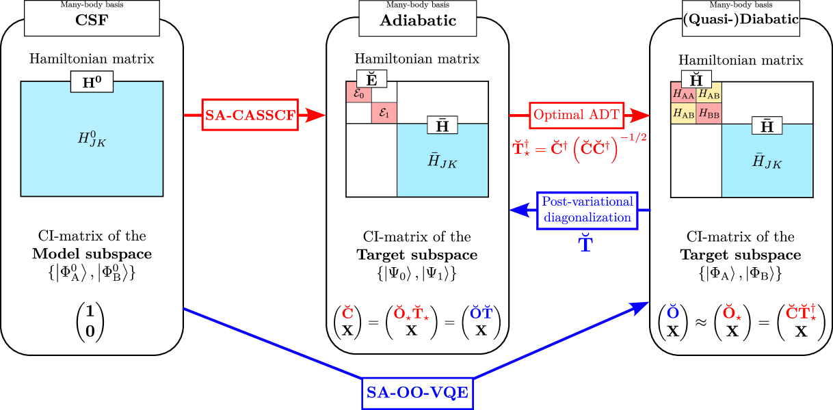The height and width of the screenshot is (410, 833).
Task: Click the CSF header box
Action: [92, 18]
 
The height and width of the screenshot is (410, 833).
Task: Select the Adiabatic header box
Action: [417, 18]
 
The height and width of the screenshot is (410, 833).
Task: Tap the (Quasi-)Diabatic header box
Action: [741, 18]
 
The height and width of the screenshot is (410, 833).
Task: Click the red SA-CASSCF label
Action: [250, 115]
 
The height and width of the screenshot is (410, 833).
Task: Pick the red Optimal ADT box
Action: [577, 115]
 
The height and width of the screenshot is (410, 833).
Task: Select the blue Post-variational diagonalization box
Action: [587, 210]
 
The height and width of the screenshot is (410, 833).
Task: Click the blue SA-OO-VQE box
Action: [417, 393]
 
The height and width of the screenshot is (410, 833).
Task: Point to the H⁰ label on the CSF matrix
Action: [92, 83]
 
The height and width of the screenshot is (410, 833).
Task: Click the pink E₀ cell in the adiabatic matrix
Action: [358, 93]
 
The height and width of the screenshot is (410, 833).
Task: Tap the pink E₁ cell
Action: [384, 113]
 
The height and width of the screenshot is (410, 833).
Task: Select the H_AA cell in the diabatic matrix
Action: [684, 94]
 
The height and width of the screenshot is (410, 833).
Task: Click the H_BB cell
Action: [709, 113]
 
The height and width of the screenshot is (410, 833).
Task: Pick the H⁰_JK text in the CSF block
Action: [92, 139]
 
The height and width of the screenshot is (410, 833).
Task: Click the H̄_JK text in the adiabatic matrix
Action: [442, 161]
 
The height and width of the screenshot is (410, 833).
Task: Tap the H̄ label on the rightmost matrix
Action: [767, 126]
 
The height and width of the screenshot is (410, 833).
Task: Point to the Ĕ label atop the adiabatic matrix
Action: [371, 79]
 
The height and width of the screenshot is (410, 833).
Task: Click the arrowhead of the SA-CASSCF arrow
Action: [314, 115]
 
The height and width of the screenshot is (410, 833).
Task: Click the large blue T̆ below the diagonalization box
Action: [586, 244]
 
